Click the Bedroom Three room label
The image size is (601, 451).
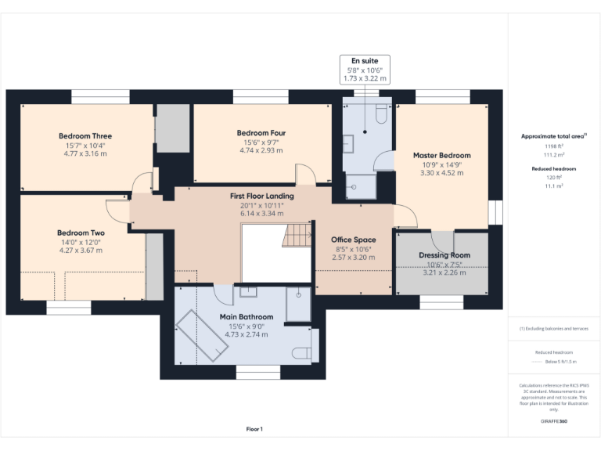[x=85, y=136]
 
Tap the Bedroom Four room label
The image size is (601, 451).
[x=261, y=133]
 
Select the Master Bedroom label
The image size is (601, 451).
[x=442, y=155]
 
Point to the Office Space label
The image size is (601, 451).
[x=354, y=240]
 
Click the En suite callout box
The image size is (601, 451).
[x=365, y=70]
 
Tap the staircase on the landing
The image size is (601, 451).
[x=297, y=235]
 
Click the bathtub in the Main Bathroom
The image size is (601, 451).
[x=202, y=336]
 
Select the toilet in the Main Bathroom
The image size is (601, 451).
[x=301, y=353]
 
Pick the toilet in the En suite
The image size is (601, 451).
[x=381, y=114]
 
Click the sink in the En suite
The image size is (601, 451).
[x=348, y=144]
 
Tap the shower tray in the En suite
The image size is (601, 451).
[x=361, y=187]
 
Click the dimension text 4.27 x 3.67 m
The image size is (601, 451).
[x=81, y=251]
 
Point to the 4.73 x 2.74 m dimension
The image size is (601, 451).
[x=247, y=334]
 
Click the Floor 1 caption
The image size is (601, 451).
[x=254, y=429]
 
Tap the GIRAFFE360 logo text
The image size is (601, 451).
[x=554, y=421]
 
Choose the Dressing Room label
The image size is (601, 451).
[x=444, y=255]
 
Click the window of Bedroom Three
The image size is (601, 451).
[x=100, y=96]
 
